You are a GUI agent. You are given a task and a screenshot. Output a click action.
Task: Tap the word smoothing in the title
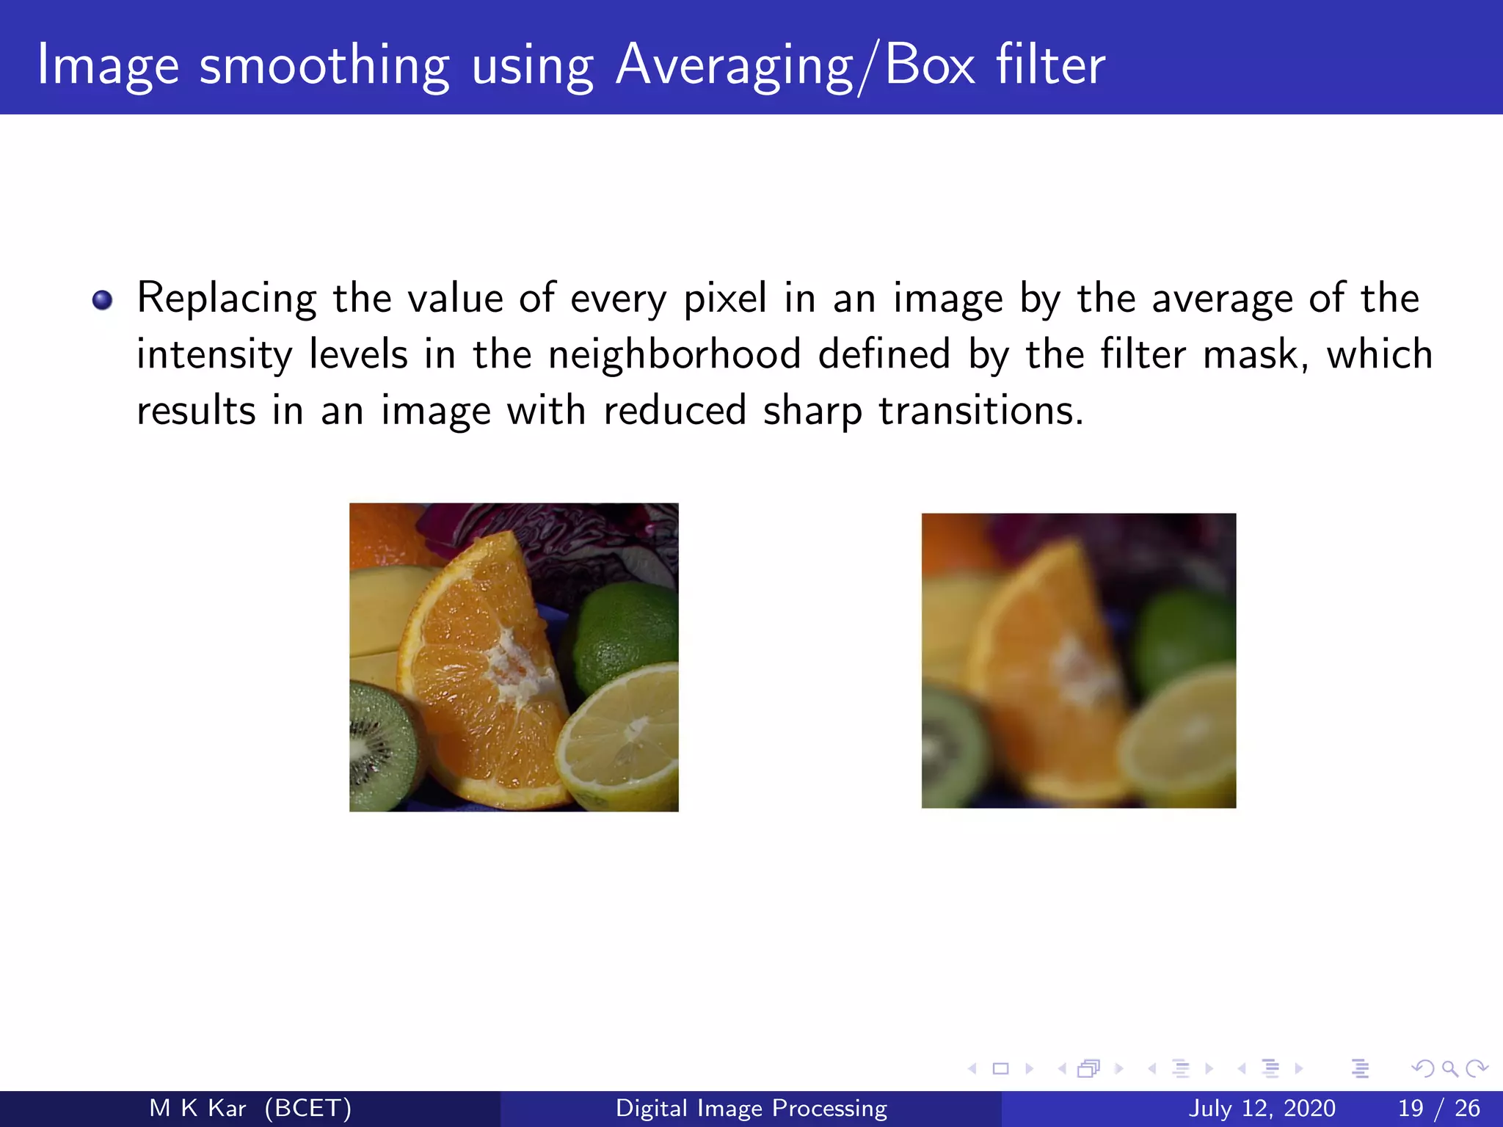coord(324,66)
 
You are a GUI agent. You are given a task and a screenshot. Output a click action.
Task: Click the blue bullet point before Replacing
coord(103,300)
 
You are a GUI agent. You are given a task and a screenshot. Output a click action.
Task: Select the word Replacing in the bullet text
coord(227,299)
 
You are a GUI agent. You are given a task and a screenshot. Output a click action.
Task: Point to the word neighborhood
coord(674,354)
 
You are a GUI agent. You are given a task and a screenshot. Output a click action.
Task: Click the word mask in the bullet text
coord(1255,354)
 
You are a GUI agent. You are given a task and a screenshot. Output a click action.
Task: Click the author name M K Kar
coord(197,1108)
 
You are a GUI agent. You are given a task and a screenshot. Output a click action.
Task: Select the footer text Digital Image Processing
coord(751,1108)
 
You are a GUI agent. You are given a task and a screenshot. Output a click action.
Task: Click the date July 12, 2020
coord(1262,1108)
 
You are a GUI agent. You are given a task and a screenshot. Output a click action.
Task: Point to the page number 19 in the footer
coord(1411,1108)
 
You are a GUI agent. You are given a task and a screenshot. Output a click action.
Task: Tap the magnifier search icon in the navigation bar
coord(1449,1068)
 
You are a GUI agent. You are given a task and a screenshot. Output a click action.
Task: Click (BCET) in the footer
coord(308,1108)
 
